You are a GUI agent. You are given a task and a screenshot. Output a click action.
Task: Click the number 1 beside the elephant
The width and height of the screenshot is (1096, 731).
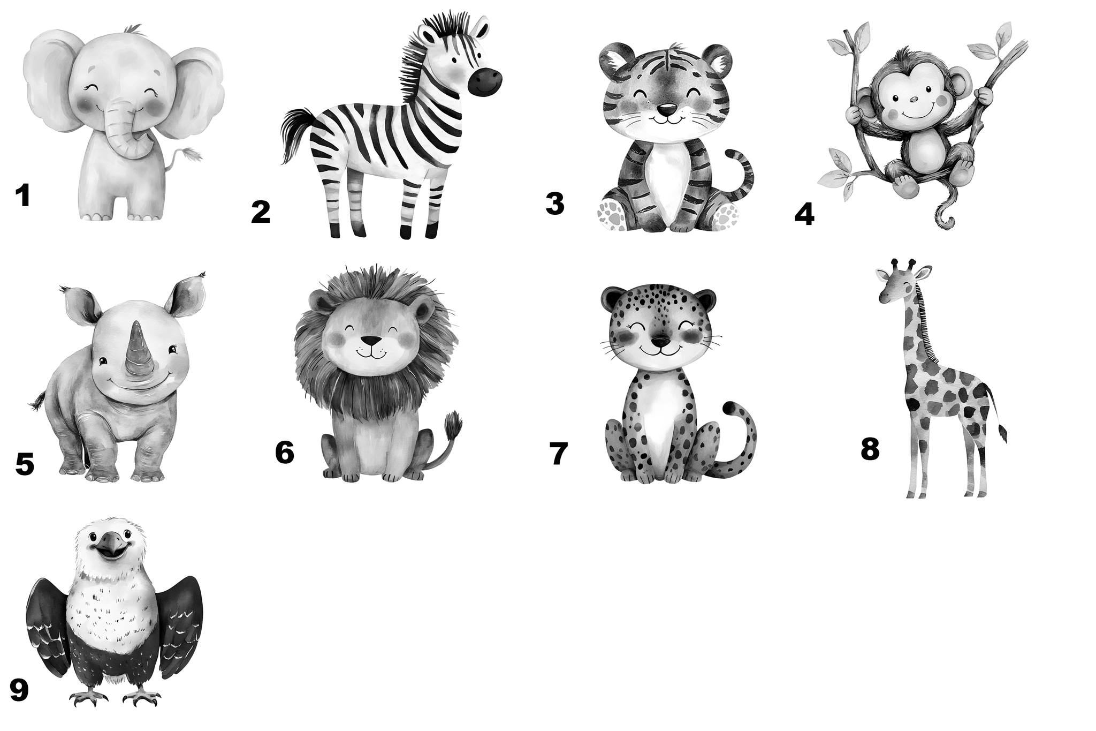coord(22,195)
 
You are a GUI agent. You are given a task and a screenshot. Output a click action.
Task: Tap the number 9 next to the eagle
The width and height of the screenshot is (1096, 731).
coord(19,690)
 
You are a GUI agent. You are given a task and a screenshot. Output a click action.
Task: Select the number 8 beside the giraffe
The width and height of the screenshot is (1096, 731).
coord(870,449)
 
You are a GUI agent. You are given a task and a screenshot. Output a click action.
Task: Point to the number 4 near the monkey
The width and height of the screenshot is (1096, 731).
coord(804,215)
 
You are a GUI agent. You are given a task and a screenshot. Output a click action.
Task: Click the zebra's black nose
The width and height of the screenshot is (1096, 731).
coord(485,81)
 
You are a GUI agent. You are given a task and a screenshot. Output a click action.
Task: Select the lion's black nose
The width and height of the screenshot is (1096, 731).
coord(371,341)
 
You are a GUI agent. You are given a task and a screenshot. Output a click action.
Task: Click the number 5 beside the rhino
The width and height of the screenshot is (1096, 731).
coord(25,464)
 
